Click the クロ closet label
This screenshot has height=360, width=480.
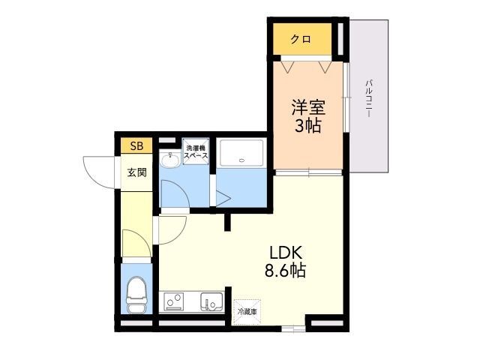(x=301, y=39)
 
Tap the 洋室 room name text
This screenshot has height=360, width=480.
(x=308, y=107)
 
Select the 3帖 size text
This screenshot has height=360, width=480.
(x=307, y=125)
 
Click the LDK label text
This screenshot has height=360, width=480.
(x=286, y=253)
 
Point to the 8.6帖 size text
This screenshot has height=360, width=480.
(x=285, y=270)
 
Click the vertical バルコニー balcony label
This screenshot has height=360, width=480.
(x=369, y=98)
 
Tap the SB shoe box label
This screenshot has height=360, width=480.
(x=136, y=146)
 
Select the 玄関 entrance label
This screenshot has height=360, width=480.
(x=136, y=172)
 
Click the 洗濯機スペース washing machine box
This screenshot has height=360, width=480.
(x=196, y=151)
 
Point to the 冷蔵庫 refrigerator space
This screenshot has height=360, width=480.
(x=247, y=312)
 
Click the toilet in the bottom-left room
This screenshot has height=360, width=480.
(x=136, y=295)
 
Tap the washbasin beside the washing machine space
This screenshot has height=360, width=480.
(x=170, y=160)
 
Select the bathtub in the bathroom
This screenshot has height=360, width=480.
(x=241, y=153)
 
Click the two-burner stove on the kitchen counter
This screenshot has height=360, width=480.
(x=173, y=301)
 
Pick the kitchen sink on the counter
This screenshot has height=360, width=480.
(x=211, y=301)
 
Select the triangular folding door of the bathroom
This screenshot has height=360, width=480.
(x=223, y=198)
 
